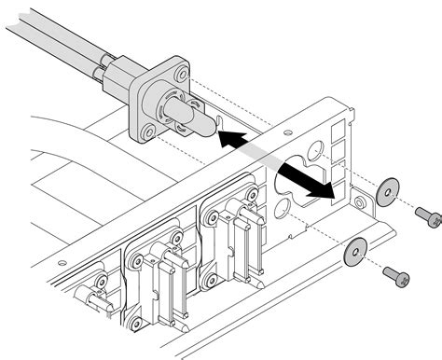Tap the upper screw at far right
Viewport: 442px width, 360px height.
429,219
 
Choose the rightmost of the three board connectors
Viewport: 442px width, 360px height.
232,238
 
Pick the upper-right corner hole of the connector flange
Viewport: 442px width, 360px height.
183,72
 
